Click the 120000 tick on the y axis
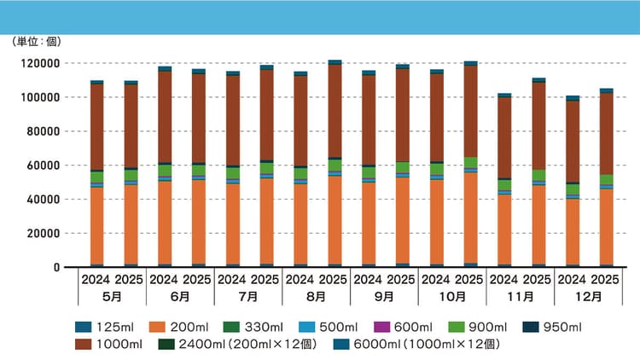tap(40, 63)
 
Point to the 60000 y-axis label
tap(43, 165)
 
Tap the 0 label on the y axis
tap(56, 267)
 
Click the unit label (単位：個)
tap(37, 42)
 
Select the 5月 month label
tap(112, 297)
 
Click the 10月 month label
tap(452, 297)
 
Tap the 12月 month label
tap(588, 297)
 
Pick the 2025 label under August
tap(333, 280)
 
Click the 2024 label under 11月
tap(503, 280)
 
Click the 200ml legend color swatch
tap(157, 327)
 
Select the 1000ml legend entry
tap(109, 344)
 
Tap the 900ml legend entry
tap(478, 327)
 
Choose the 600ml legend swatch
tap(381, 327)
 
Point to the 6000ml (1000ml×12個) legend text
tap(427, 344)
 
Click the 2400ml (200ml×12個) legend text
tap(247, 344)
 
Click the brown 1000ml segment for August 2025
tap(335, 111)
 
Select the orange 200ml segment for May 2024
tap(96, 226)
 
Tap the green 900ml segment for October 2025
tap(470, 162)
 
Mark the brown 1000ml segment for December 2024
tap(573, 142)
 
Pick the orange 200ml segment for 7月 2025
tap(267, 221)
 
